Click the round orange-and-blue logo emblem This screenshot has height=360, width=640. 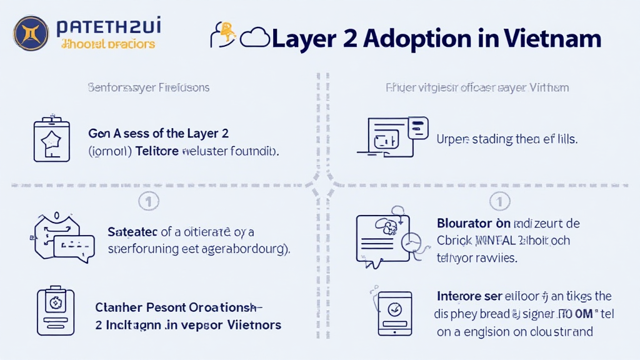coord(31,32)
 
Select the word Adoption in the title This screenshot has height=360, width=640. coord(428,39)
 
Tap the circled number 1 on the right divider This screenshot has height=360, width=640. coord(501,201)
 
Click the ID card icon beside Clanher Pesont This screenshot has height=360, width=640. coord(55,312)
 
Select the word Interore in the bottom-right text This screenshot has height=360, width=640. coord(459,296)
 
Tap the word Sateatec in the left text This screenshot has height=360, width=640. coord(132,232)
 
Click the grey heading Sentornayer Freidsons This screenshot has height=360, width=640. coord(148,87)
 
